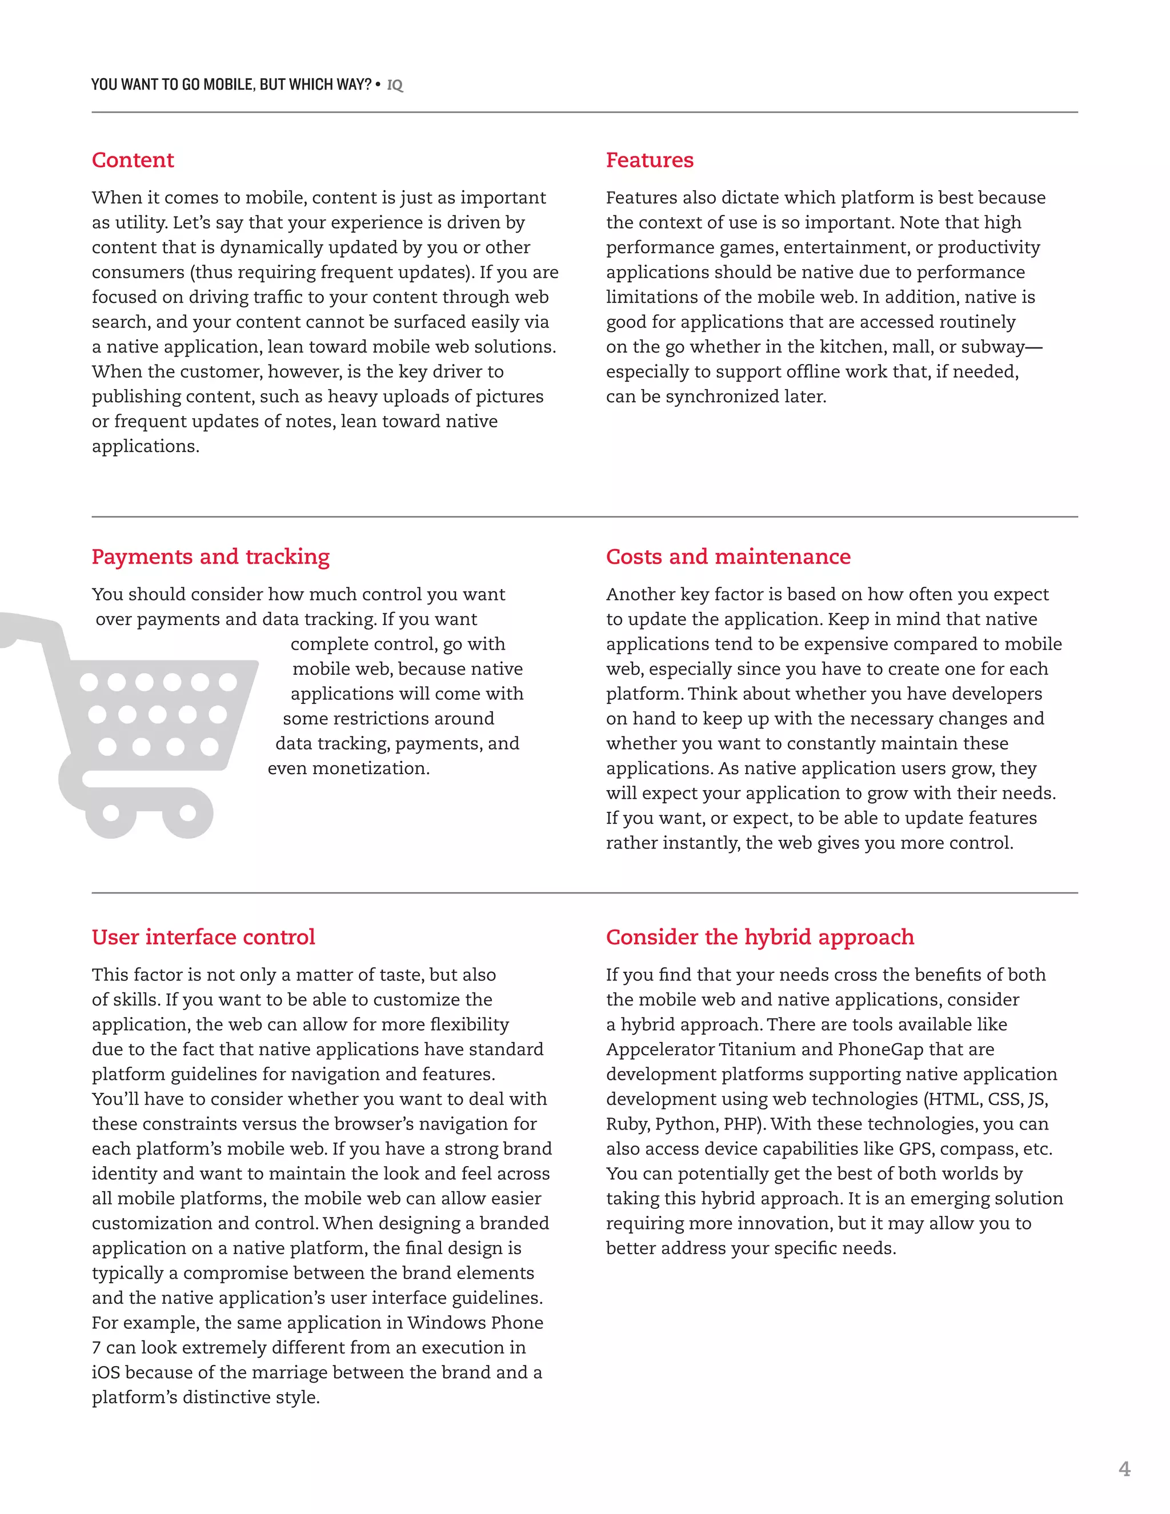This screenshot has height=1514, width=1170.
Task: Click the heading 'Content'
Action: [x=133, y=160]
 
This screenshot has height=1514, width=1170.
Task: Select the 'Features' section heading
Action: [x=650, y=160]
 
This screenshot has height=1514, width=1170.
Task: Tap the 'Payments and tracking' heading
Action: [x=210, y=556]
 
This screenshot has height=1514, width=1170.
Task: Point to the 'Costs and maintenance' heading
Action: [x=728, y=556]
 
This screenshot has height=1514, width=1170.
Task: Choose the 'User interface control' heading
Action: [x=203, y=937]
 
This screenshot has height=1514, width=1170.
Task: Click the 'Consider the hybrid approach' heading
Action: [x=760, y=937]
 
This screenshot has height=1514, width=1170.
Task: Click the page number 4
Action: [x=1124, y=1468]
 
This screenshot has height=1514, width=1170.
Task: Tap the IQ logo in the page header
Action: [x=394, y=85]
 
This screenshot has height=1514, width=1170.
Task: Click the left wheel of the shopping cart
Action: [x=111, y=812]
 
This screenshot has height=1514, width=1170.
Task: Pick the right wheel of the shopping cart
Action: [x=188, y=812]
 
